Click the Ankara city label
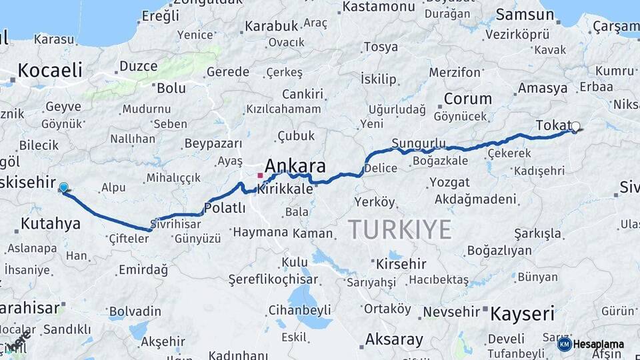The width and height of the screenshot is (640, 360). [295, 165]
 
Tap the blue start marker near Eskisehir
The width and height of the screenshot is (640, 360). [63, 188]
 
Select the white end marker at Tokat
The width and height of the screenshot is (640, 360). [575, 126]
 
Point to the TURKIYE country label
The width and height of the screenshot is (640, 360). [399, 229]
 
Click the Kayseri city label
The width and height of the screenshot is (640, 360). [523, 313]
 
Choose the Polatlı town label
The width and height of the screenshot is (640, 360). [225, 208]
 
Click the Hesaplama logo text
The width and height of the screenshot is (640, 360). [598, 344]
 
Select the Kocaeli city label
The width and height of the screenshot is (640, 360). [50, 70]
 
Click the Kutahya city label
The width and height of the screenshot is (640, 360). [50, 223]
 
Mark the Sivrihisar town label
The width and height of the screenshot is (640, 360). [177, 223]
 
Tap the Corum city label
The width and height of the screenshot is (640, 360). [467, 99]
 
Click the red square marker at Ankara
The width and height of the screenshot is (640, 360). [260, 175]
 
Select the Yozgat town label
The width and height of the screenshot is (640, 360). [450, 182]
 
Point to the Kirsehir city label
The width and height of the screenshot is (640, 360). [401, 264]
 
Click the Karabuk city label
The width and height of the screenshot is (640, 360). [270, 27]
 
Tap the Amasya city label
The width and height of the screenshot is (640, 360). [542, 88]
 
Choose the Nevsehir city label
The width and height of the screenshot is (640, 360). [451, 311]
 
